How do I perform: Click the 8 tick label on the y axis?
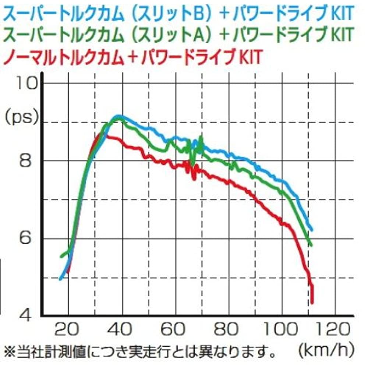(25, 161)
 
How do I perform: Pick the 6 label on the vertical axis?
(25, 238)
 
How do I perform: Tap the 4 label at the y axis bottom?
(25, 315)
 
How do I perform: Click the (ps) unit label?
(22, 117)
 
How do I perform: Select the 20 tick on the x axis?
(68, 329)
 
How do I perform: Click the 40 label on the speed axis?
(121, 329)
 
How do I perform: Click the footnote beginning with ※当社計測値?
(140, 348)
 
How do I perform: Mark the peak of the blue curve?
(118, 117)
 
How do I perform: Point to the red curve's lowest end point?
(312, 302)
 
